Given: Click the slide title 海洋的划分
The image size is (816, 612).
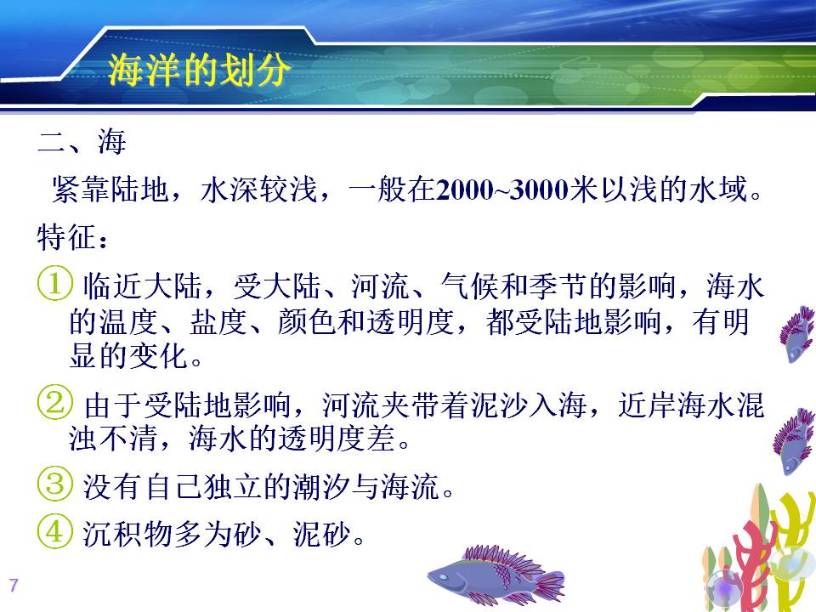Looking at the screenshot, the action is click(x=198, y=70).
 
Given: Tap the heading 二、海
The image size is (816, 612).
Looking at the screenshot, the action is click(x=82, y=142).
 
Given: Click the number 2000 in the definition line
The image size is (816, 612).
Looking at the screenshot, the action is click(x=465, y=190).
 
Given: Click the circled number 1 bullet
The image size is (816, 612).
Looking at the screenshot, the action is click(x=54, y=283).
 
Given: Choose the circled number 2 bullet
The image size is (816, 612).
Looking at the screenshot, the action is click(x=54, y=402).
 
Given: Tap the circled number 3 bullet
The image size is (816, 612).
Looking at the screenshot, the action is click(x=54, y=484).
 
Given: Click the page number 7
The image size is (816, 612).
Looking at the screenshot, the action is click(x=14, y=585).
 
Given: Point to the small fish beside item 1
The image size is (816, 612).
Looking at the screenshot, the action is click(x=796, y=333).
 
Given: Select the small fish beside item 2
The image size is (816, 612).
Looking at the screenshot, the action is click(x=794, y=442).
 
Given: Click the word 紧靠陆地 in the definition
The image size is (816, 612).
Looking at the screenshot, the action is click(x=110, y=190).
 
